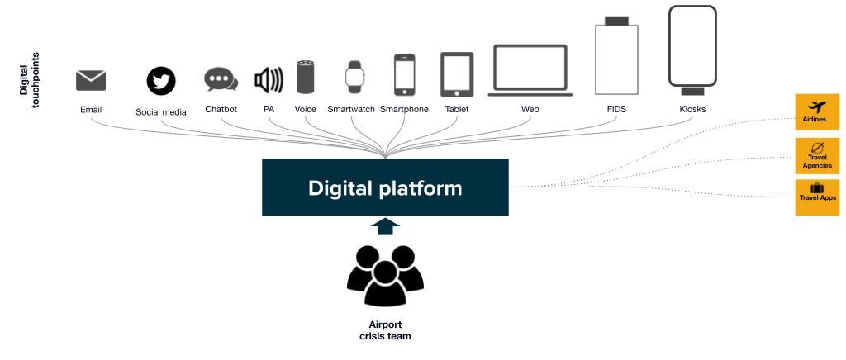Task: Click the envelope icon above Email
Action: pos(91,80)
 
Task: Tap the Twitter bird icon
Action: pos(161,81)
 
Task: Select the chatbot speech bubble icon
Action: pos(221,80)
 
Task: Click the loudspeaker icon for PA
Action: pos(269,80)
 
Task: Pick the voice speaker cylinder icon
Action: pos(306,77)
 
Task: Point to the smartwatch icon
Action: pos(354,77)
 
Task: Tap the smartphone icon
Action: pos(404,74)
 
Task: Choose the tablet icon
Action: pos(457,74)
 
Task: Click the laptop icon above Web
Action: pos(530,70)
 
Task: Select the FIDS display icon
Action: pos(616,55)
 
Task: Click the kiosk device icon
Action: pos(693,50)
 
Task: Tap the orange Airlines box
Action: pos(817,111)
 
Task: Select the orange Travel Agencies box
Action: pos(817,156)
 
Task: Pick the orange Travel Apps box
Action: pos(817,197)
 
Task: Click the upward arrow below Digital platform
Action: pos(385,226)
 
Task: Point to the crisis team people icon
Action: pos(385,276)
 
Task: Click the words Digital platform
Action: pos(385,188)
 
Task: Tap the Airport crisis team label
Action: pos(385,330)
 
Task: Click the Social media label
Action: pos(161,112)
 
